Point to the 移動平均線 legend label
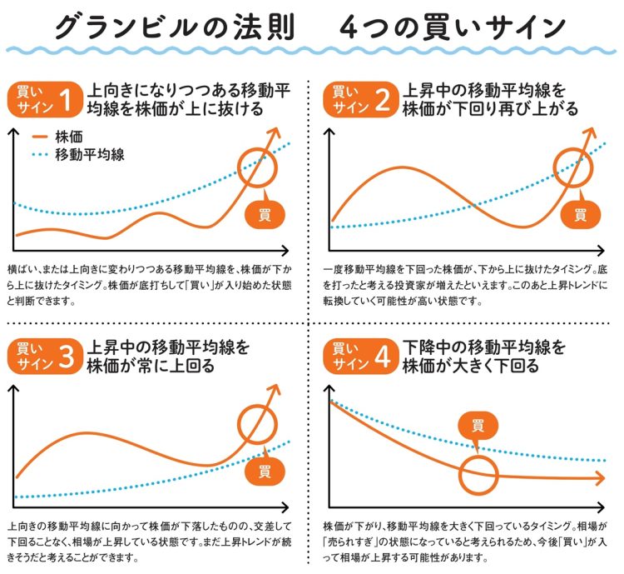pyautogui.click(x=89, y=155)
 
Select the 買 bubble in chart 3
pyautogui.click(x=265, y=472)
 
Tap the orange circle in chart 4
pyautogui.click(x=478, y=476)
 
